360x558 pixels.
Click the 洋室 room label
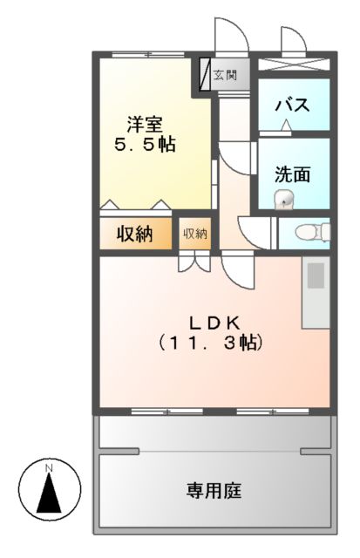(145, 123)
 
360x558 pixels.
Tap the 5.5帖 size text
(145, 145)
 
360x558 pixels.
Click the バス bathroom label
(293, 105)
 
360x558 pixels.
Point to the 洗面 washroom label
(293, 174)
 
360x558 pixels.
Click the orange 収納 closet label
(135, 234)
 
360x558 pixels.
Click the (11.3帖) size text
(210, 343)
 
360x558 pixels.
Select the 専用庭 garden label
(213, 490)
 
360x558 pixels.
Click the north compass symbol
(50, 489)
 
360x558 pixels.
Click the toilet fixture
(311, 232)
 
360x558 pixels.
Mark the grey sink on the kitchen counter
(316, 275)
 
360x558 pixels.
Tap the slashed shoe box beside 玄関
(206, 75)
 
